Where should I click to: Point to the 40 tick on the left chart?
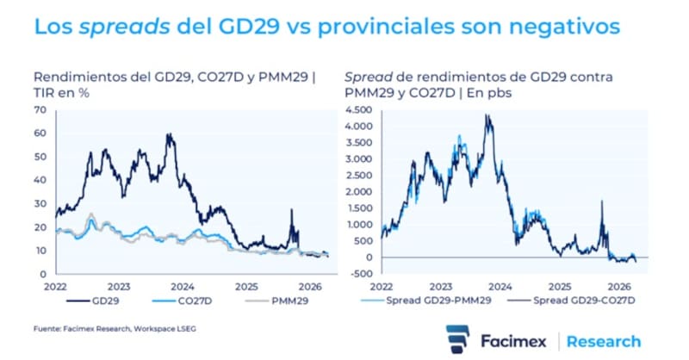39,181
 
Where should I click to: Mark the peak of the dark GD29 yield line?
169,134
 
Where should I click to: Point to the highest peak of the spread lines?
487,115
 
